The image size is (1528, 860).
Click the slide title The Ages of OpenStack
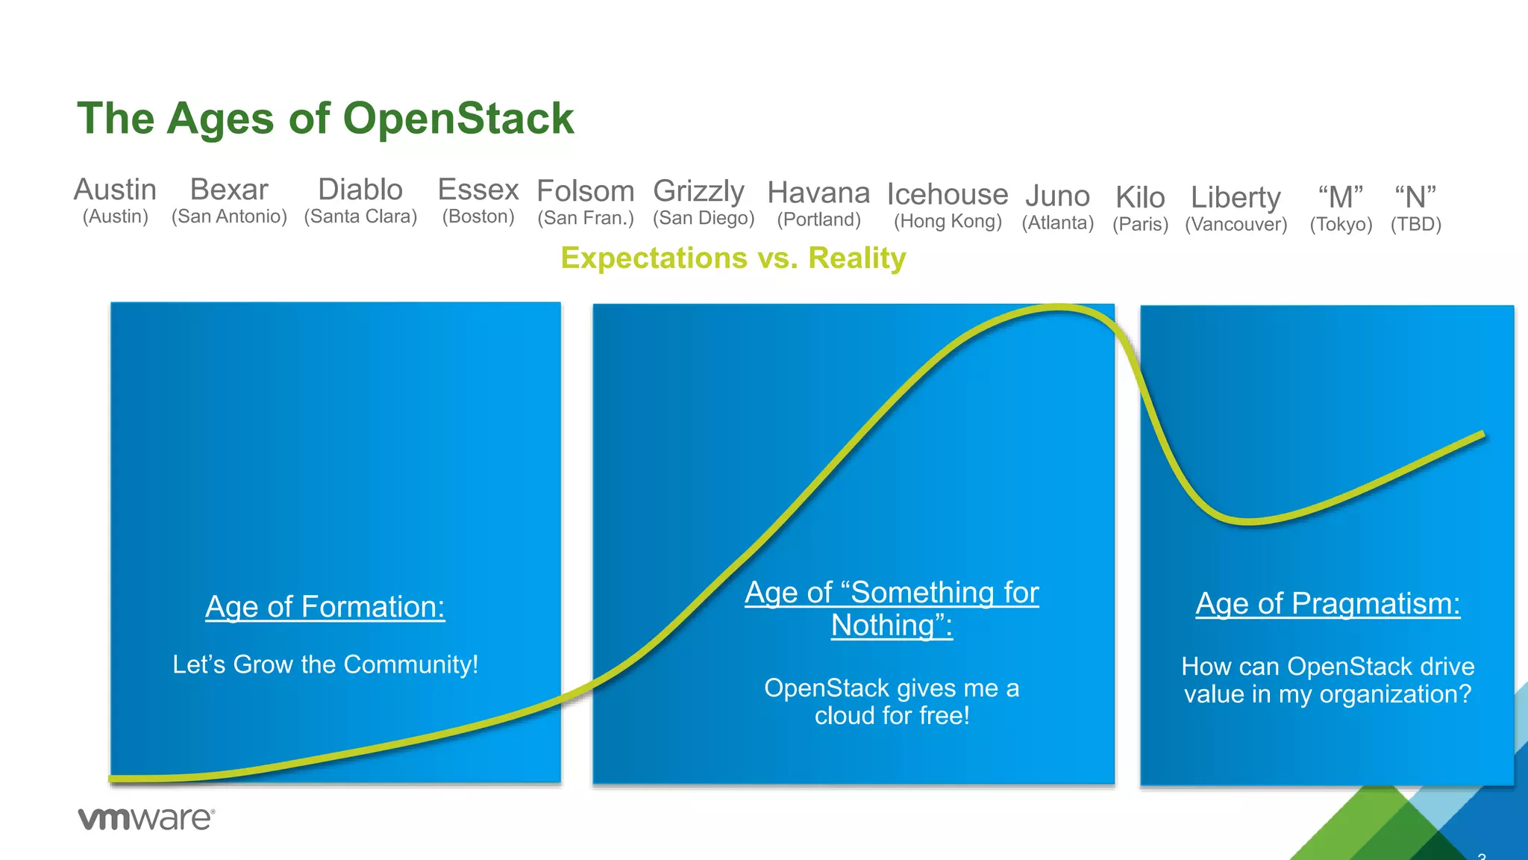325,119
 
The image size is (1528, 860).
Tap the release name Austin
115,190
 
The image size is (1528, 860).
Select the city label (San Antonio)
229,216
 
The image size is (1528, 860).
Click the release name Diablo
360,190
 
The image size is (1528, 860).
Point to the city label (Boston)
478,216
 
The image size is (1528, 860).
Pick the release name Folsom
586,191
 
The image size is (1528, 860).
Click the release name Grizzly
698,191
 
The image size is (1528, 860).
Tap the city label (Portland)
818,219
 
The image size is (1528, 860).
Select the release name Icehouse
948,194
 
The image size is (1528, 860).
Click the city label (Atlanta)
1057,222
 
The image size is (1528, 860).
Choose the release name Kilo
1140,198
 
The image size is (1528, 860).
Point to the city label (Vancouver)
1236,224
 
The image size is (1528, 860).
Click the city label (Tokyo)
1341,224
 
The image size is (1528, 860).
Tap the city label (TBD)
1415,224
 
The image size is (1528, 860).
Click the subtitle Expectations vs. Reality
733,258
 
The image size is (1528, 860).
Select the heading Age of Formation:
325,606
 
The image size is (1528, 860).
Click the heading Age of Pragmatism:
1327,603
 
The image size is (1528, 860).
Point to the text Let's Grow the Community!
325,664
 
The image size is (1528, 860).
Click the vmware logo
146,818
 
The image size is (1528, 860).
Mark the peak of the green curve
1059,308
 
